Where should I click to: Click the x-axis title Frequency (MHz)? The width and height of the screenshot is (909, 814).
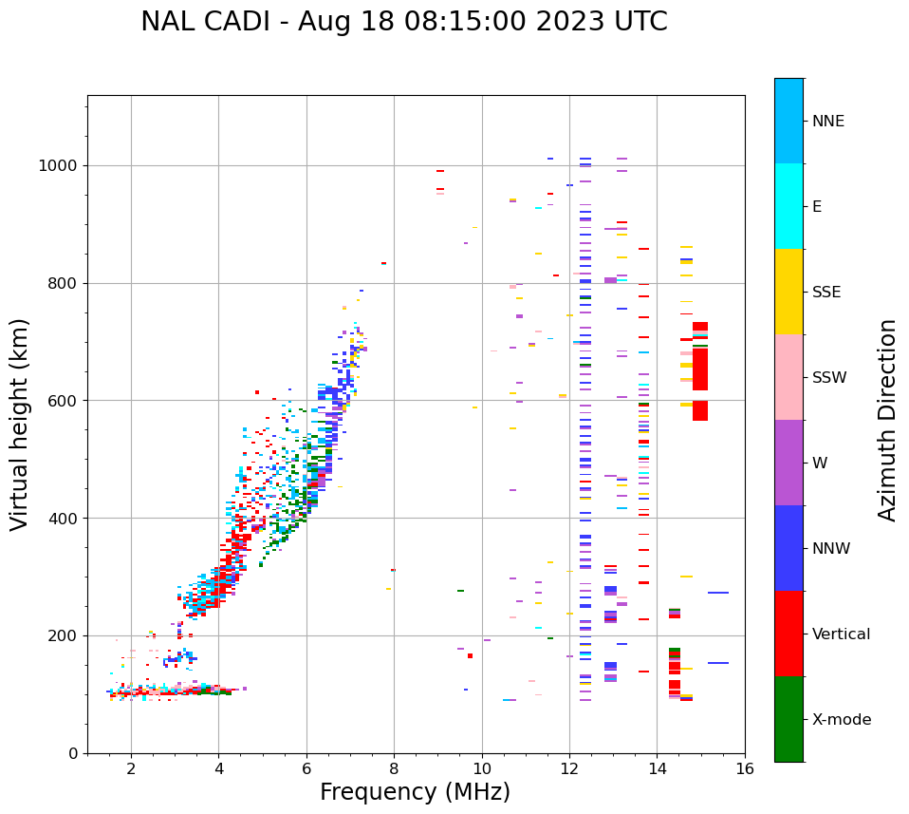click(x=415, y=792)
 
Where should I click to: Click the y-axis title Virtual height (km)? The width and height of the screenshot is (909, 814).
click(x=21, y=425)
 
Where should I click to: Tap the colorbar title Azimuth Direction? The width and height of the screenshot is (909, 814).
click(x=887, y=420)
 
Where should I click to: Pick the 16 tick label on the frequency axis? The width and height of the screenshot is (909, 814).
click(x=745, y=768)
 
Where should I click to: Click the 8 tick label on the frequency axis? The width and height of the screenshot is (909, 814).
click(x=394, y=768)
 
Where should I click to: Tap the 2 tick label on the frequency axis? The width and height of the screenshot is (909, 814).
click(x=131, y=768)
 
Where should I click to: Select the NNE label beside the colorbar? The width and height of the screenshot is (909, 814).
click(x=828, y=122)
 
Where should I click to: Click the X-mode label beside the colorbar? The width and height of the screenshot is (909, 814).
click(x=842, y=720)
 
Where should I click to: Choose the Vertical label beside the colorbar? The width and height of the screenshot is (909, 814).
click(x=841, y=634)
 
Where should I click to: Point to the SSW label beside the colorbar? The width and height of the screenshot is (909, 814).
click(x=829, y=378)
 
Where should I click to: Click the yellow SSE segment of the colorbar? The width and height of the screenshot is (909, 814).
click(x=788, y=292)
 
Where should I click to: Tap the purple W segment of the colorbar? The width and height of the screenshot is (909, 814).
click(x=788, y=463)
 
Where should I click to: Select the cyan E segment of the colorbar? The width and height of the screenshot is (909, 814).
click(x=788, y=206)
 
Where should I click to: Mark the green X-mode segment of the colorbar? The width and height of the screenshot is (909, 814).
click(x=788, y=719)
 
